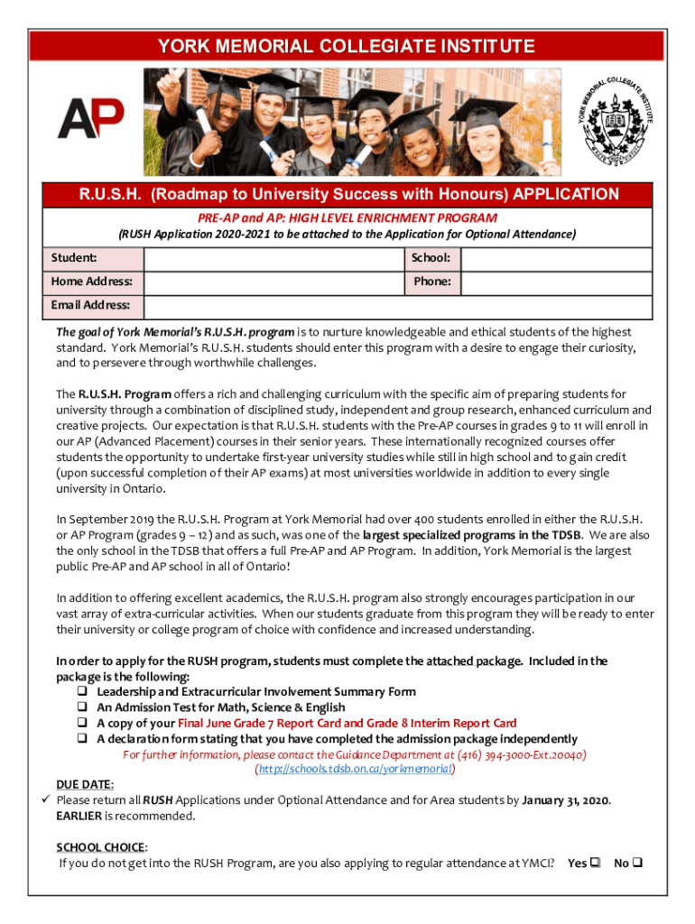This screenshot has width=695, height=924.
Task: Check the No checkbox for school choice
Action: pos(637,864)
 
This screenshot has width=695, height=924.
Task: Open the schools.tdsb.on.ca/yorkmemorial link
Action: pos(355,770)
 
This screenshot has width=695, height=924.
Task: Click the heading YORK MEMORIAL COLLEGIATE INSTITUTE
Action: pos(347,46)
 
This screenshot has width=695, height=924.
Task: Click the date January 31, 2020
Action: pos(566,800)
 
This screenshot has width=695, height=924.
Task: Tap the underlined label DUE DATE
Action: pos(85,785)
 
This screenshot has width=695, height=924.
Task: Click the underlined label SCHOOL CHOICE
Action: pos(101,847)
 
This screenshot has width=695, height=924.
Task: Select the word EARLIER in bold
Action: pos(79,816)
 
